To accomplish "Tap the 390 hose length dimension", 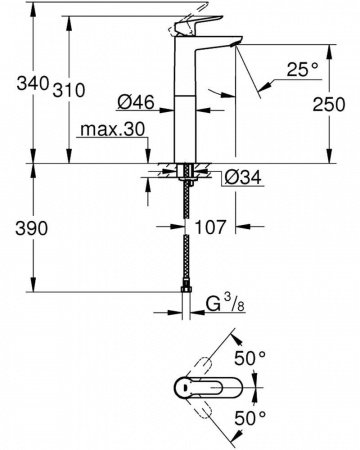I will (x=17, y=228).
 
